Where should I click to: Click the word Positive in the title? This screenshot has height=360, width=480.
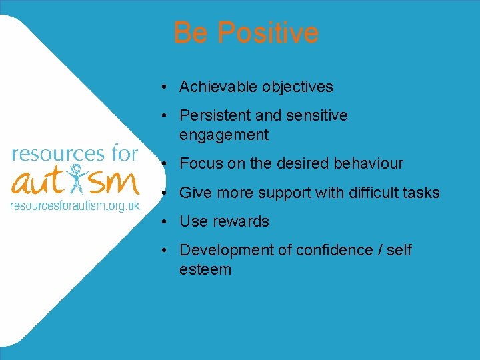268,33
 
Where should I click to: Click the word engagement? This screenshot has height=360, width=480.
223,135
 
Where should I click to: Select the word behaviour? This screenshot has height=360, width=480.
368,163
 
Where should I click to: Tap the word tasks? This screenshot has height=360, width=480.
422,193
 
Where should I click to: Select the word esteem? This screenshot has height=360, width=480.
205,269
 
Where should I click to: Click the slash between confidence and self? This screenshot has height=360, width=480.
379,250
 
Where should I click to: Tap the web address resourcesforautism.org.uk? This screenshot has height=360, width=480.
74,205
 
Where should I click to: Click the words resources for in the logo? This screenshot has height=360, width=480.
75,153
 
